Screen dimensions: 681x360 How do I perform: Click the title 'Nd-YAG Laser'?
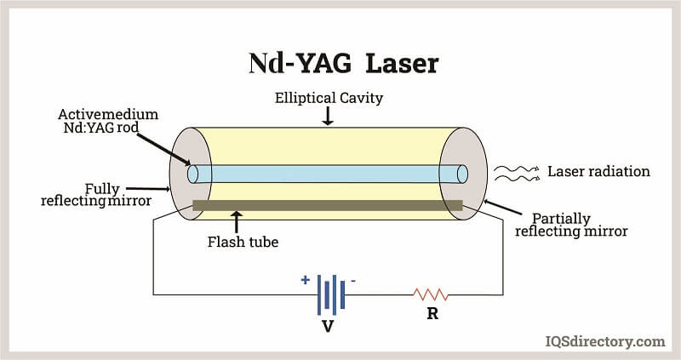(x=344, y=63)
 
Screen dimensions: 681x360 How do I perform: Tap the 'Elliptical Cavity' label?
(x=329, y=98)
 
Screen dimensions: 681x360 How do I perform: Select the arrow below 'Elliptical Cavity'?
(x=328, y=116)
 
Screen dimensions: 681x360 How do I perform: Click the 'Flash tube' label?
(x=243, y=242)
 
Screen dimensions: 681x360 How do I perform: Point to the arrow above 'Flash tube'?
(x=237, y=222)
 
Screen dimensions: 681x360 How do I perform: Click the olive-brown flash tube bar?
(x=328, y=205)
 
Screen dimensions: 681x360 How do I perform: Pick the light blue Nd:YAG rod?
(x=328, y=174)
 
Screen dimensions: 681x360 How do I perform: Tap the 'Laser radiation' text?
(x=598, y=171)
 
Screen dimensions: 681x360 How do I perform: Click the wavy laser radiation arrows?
(x=517, y=174)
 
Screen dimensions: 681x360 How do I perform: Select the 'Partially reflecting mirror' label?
(x=571, y=225)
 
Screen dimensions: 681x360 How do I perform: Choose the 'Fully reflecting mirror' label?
(x=96, y=195)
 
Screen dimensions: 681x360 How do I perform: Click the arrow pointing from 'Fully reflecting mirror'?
(x=147, y=189)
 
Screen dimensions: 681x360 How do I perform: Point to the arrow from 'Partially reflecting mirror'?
(x=502, y=207)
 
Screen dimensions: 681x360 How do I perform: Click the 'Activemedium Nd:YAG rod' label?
(x=108, y=121)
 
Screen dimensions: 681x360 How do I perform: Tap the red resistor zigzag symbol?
(x=431, y=294)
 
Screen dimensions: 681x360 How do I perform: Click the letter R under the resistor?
(x=432, y=313)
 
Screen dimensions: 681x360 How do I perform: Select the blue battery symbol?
(x=331, y=294)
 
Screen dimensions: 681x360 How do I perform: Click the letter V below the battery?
(x=328, y=326)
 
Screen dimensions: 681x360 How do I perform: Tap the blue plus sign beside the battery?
(x=306, y=280)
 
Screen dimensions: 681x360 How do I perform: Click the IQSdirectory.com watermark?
(x=605, y=341)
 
